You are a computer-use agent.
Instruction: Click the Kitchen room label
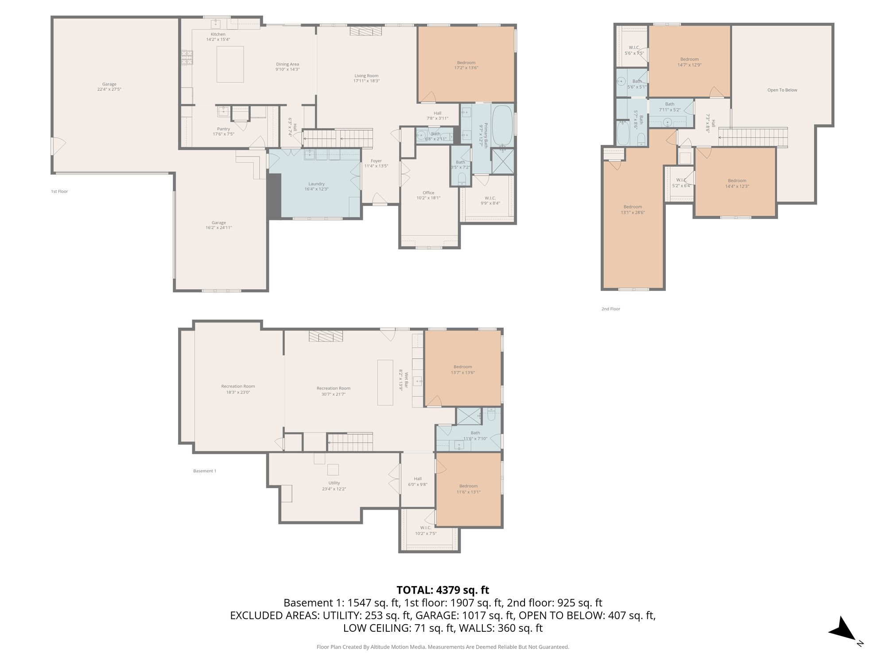pos(218,37)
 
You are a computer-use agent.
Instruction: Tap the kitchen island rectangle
pos(230,64)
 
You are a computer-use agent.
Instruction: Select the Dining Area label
pos(288,67)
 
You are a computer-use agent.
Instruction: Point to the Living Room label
pos(366,78)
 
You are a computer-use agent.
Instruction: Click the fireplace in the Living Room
pos(365,31)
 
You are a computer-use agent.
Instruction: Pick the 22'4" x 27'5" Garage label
pos(109,87)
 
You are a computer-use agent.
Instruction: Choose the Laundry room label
pos(316,187)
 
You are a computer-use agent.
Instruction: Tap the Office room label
pos(428,196)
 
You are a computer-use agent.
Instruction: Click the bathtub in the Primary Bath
pos(502,126)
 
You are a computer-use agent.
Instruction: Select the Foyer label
pos(376,164)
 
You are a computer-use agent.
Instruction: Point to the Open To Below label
pos(782,90)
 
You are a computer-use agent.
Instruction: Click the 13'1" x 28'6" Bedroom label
pos(633,210)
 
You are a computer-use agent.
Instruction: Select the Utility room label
pos(334,486)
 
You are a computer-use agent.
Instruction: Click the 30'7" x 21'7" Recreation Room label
pos(333,391)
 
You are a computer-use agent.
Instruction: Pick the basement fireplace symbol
pos(326,337)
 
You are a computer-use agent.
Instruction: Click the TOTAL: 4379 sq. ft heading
pos(443,590)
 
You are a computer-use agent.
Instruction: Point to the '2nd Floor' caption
pos(610,309)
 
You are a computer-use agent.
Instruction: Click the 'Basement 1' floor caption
pos(205,471)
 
